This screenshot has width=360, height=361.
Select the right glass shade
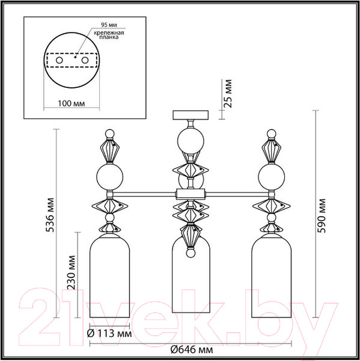pyautogui.click(x=270, y=277)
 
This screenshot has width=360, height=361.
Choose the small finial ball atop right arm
pyautogui.click(x=270, y=133)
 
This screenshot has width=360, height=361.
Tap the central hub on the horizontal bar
pyautogui.click(x=190, y=194)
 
